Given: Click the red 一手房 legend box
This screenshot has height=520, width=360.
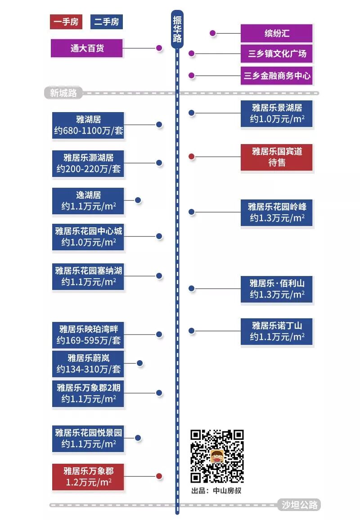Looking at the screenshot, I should [66, 22].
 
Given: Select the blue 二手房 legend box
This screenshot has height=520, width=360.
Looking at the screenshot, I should [106, 22].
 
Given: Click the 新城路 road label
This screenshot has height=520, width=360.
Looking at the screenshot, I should [63, 93].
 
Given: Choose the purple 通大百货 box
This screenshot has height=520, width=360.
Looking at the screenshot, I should [87, 48].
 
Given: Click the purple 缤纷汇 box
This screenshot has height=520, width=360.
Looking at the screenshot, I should [276, 33].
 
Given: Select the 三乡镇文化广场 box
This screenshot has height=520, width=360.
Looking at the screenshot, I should [276, 54].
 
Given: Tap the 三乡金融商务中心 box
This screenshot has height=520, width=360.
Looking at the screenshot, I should [276, 76].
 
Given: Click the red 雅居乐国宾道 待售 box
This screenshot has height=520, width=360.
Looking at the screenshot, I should [276, 157].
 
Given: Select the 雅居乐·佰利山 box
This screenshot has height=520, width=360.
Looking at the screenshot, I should [276, 289].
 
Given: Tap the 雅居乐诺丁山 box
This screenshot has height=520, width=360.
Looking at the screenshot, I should [276, 331].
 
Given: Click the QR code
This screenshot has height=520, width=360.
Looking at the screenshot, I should [217, 456].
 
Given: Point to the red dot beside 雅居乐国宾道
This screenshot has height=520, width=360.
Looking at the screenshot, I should [191, 157].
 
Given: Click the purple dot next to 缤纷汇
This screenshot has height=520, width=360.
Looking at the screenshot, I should [213, 33].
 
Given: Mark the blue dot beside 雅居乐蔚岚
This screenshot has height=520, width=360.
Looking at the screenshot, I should [139, 363].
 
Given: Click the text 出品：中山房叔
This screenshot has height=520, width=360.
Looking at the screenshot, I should [216, 490].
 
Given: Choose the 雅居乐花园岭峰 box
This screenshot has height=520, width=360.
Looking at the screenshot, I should [276, 212].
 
